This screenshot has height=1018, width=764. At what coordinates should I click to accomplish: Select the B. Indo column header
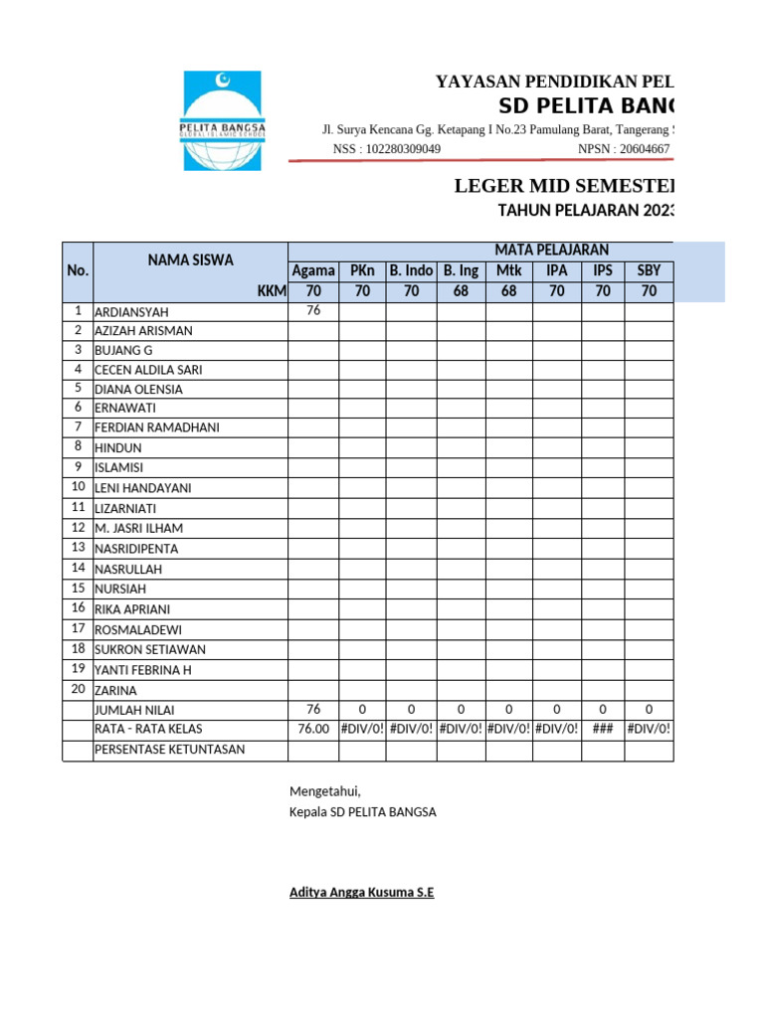coord(411,270)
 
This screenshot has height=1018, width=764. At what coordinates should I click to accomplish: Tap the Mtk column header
coord(508,270)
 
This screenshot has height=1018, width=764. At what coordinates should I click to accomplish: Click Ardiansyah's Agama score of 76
coord(313,310)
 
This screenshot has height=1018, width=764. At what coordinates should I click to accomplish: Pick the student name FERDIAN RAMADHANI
coord(156,427)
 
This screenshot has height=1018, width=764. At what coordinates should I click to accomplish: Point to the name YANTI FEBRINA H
coord(142,670)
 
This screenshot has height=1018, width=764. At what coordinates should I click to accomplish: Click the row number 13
coord(78,548)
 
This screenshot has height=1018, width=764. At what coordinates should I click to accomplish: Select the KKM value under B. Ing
coord(461,291)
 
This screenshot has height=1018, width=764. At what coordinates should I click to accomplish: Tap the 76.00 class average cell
coord(313,729)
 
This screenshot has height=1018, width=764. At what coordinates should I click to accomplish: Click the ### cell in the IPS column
coord(602,729)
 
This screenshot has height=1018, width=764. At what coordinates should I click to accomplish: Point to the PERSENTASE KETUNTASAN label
coord(169,750)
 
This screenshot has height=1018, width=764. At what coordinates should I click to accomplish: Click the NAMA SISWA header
coord(190,260)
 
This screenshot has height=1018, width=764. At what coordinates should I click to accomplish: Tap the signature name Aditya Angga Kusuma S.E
coord(361,893)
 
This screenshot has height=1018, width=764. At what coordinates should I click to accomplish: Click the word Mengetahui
coord(324,791)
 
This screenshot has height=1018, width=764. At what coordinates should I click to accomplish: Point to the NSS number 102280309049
coord(404,149)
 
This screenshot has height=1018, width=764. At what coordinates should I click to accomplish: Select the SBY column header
coord(649,270)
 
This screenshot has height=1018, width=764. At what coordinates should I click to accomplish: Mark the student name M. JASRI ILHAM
coord(138,528)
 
